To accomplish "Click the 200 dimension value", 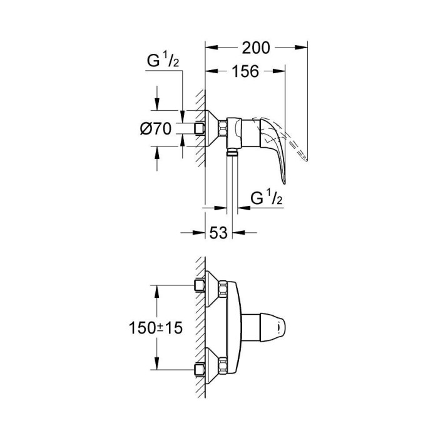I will [x=257, y=46].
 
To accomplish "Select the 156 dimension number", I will [x=245, y=71].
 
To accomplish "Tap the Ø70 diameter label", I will [x=156, y=129].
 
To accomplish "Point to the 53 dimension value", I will [x=218, y=233].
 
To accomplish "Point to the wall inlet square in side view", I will [x=200, y=128].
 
